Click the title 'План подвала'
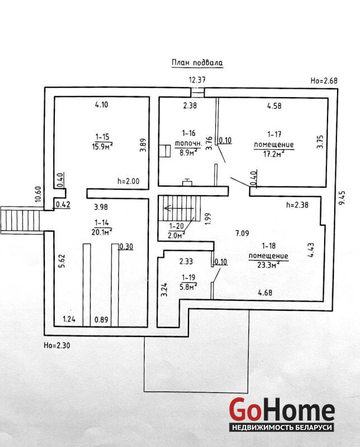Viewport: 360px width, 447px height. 197,63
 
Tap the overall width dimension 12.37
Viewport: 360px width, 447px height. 197,80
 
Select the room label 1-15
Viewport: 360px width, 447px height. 102,137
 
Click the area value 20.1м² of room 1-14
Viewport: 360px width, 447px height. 102,232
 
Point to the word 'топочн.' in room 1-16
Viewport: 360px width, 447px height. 188,144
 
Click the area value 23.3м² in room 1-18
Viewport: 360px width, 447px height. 268,265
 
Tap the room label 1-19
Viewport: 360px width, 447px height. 188,277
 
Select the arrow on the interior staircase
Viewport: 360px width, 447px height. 179,208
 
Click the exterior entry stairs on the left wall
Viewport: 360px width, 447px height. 20,220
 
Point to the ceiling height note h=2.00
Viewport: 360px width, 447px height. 129,181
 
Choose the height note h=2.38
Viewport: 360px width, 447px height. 297,205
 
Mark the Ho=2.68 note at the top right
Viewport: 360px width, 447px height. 324,80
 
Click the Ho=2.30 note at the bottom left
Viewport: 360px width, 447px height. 57,345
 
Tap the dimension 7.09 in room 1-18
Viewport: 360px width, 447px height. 242,234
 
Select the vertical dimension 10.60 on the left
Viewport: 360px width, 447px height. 38,194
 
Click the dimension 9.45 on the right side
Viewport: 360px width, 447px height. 342,197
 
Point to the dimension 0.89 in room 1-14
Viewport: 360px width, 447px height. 101,320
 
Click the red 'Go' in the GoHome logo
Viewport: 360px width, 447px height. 245,410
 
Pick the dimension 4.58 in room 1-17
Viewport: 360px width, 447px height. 274,106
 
